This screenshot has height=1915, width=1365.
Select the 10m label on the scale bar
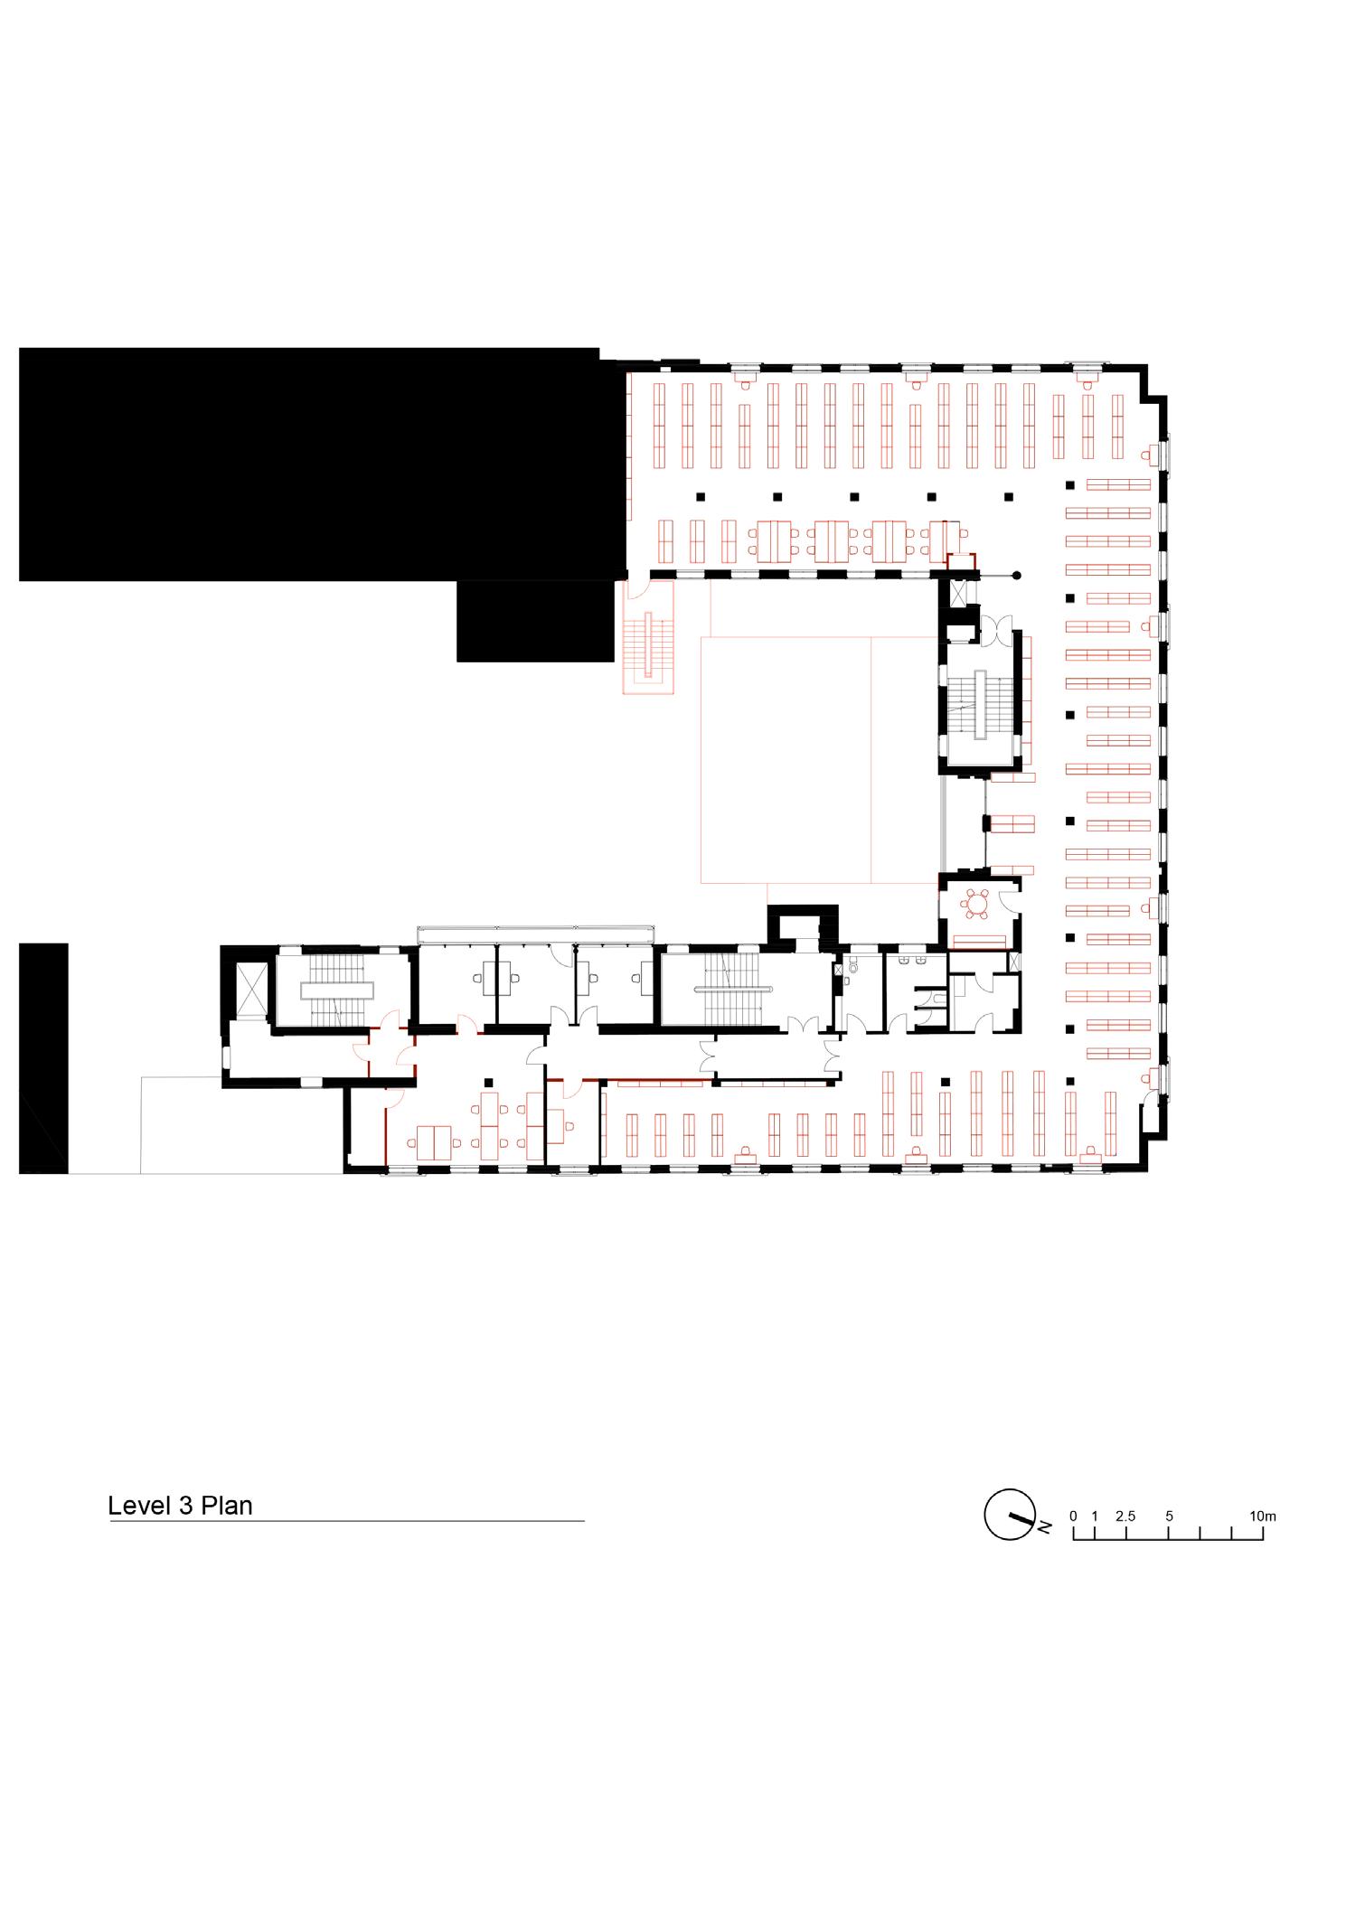click(x=1262, y=1516)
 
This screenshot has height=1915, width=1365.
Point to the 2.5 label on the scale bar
click(x=1125, y=1516)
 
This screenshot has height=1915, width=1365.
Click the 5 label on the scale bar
click(x=1169, y=1516)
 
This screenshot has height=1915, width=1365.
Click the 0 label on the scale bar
click(x=1073, y=1516)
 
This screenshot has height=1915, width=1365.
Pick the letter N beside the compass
click(x=1044, y=1527)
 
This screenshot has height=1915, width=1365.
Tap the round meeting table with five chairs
click(x=977, y=902)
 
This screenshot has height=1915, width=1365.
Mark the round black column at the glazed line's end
click(x=1017, y=575)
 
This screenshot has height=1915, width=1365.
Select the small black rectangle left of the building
click(x=43, y=1057)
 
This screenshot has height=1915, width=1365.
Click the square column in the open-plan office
click(x=488, y=1082)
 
